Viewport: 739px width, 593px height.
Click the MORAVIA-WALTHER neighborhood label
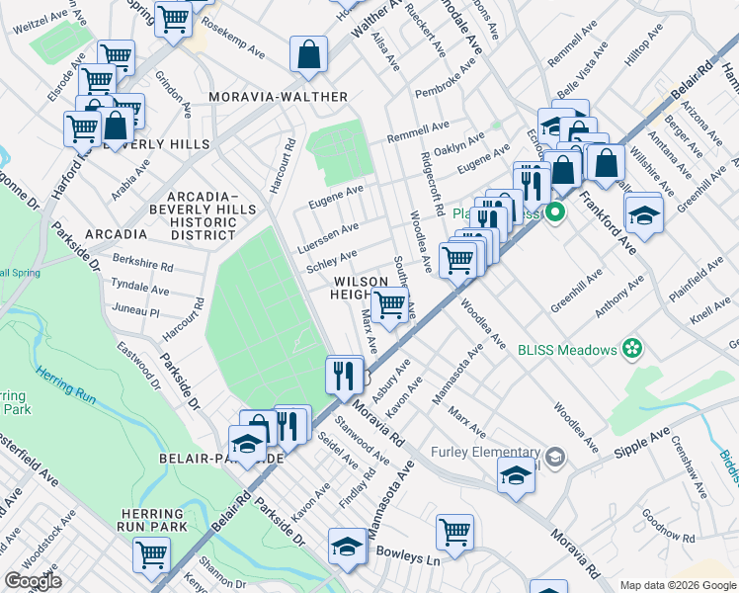click(278, 97)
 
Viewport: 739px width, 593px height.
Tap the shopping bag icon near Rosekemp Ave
click(308, 55)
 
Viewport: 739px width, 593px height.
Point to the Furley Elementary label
click(488, 453)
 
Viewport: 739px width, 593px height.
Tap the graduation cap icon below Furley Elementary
click(515, 475)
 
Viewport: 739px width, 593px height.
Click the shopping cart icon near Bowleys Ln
click(454, 532)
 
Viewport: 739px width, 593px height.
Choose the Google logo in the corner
click(33, 580)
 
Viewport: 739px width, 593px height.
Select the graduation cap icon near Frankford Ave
click(643, 214)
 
